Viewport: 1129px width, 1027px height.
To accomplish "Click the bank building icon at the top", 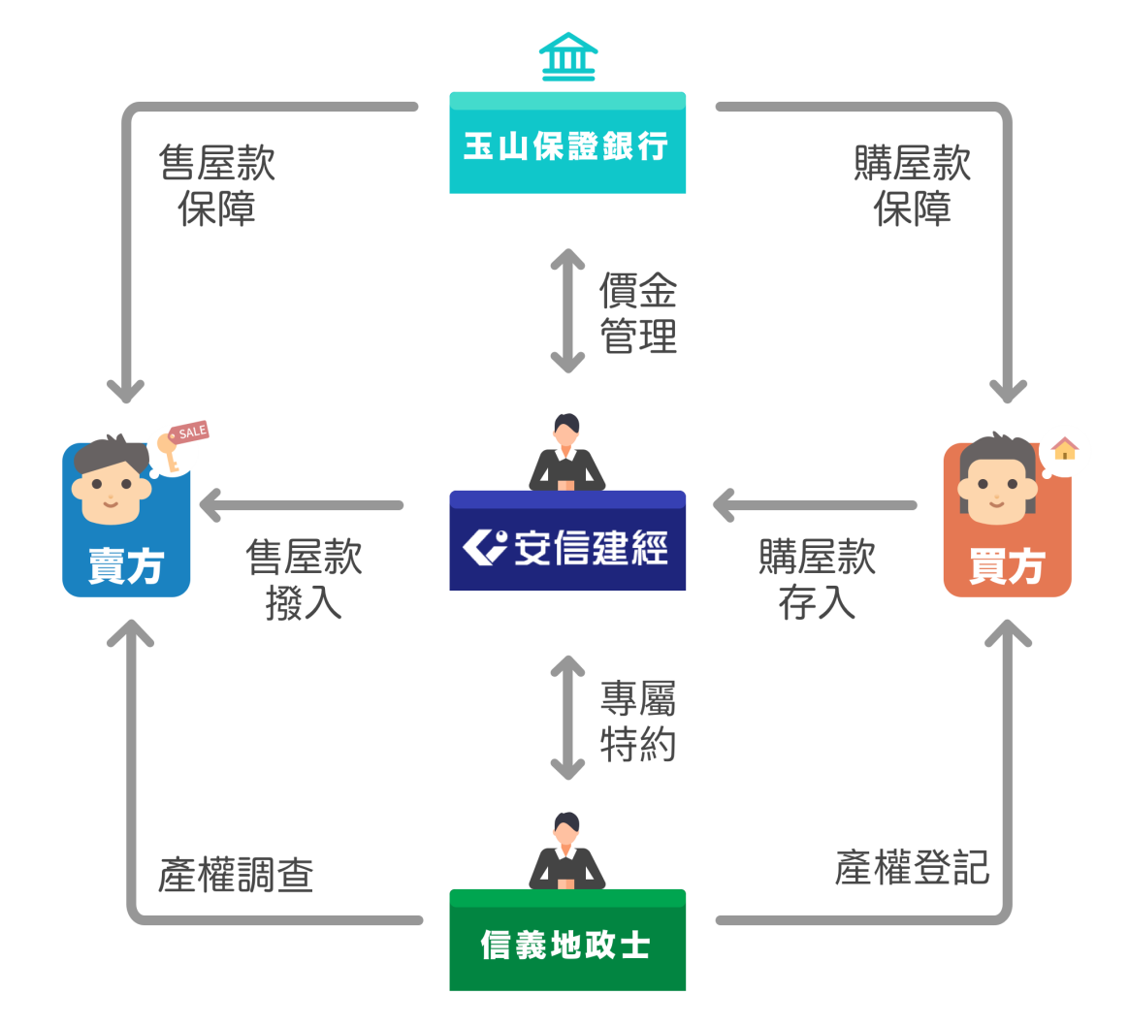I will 567,57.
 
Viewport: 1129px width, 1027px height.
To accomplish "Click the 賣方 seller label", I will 126,566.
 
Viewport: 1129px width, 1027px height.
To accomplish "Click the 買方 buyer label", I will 1007,566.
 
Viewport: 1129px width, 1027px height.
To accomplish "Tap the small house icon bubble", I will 1065,450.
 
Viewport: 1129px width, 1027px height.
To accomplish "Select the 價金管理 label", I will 637,312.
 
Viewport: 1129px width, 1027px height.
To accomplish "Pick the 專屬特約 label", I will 637,721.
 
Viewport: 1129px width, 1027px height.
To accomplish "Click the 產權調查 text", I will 236,876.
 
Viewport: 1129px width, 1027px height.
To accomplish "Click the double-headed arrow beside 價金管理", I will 567,311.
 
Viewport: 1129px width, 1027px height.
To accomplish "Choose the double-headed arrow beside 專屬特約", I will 567,719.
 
